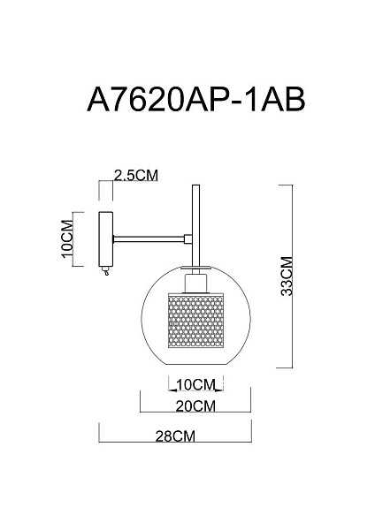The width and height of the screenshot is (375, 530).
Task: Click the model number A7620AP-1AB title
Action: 196,100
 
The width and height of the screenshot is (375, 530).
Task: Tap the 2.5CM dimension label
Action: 136,176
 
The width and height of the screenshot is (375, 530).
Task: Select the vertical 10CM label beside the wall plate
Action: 67,239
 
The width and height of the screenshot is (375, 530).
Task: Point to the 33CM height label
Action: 287,276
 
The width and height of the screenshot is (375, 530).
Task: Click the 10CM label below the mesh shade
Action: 196,384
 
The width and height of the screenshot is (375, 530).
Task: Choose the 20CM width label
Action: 195,406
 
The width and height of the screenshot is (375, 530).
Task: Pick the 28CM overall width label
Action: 175,436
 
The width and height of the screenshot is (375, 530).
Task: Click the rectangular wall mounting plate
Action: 105,238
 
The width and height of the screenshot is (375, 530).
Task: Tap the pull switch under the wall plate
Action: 107,271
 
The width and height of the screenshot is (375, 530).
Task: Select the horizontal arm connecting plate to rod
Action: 149,239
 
